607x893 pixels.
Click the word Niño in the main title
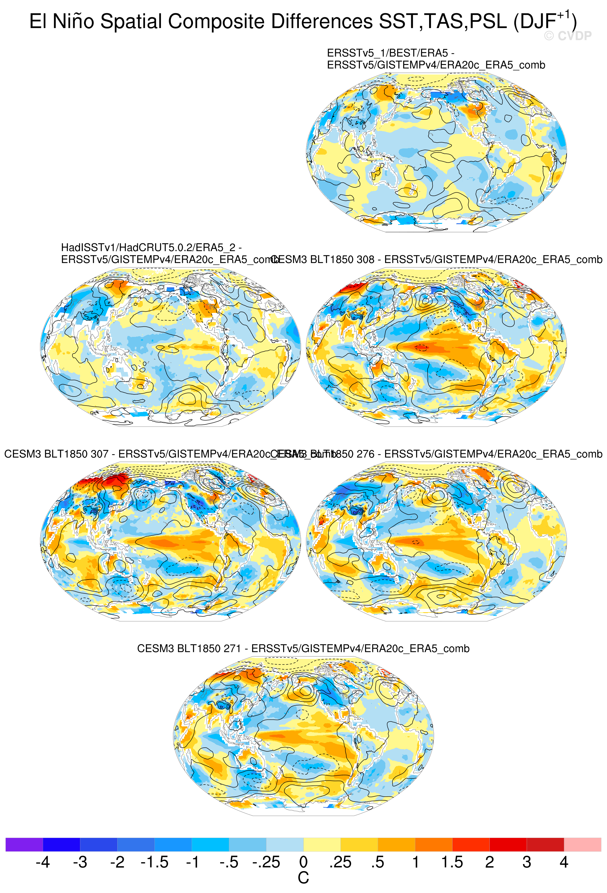[x=73, y=22]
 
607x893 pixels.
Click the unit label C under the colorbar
[x=303, y=878]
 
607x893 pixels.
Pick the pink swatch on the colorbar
[x=582, y=844]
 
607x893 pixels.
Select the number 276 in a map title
[x=365, y=454]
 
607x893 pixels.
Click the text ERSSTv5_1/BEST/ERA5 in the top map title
[x=387, y=53]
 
